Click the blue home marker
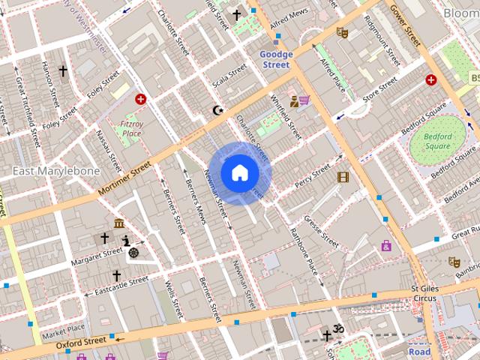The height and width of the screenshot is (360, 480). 239,173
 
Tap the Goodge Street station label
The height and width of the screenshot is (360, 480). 275,59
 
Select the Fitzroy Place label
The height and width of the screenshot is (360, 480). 131,127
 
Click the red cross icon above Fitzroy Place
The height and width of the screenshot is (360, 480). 140,99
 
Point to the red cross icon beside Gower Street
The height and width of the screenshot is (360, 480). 431,79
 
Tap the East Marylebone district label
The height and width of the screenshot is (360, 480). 56,171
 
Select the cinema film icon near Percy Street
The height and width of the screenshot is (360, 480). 343,177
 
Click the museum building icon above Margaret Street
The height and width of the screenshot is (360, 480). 119,223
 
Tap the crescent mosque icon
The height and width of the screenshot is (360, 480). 218,110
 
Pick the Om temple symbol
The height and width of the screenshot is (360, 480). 338,328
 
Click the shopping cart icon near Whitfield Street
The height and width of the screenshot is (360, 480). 305,100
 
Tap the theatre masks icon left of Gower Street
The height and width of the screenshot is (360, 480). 343,32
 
